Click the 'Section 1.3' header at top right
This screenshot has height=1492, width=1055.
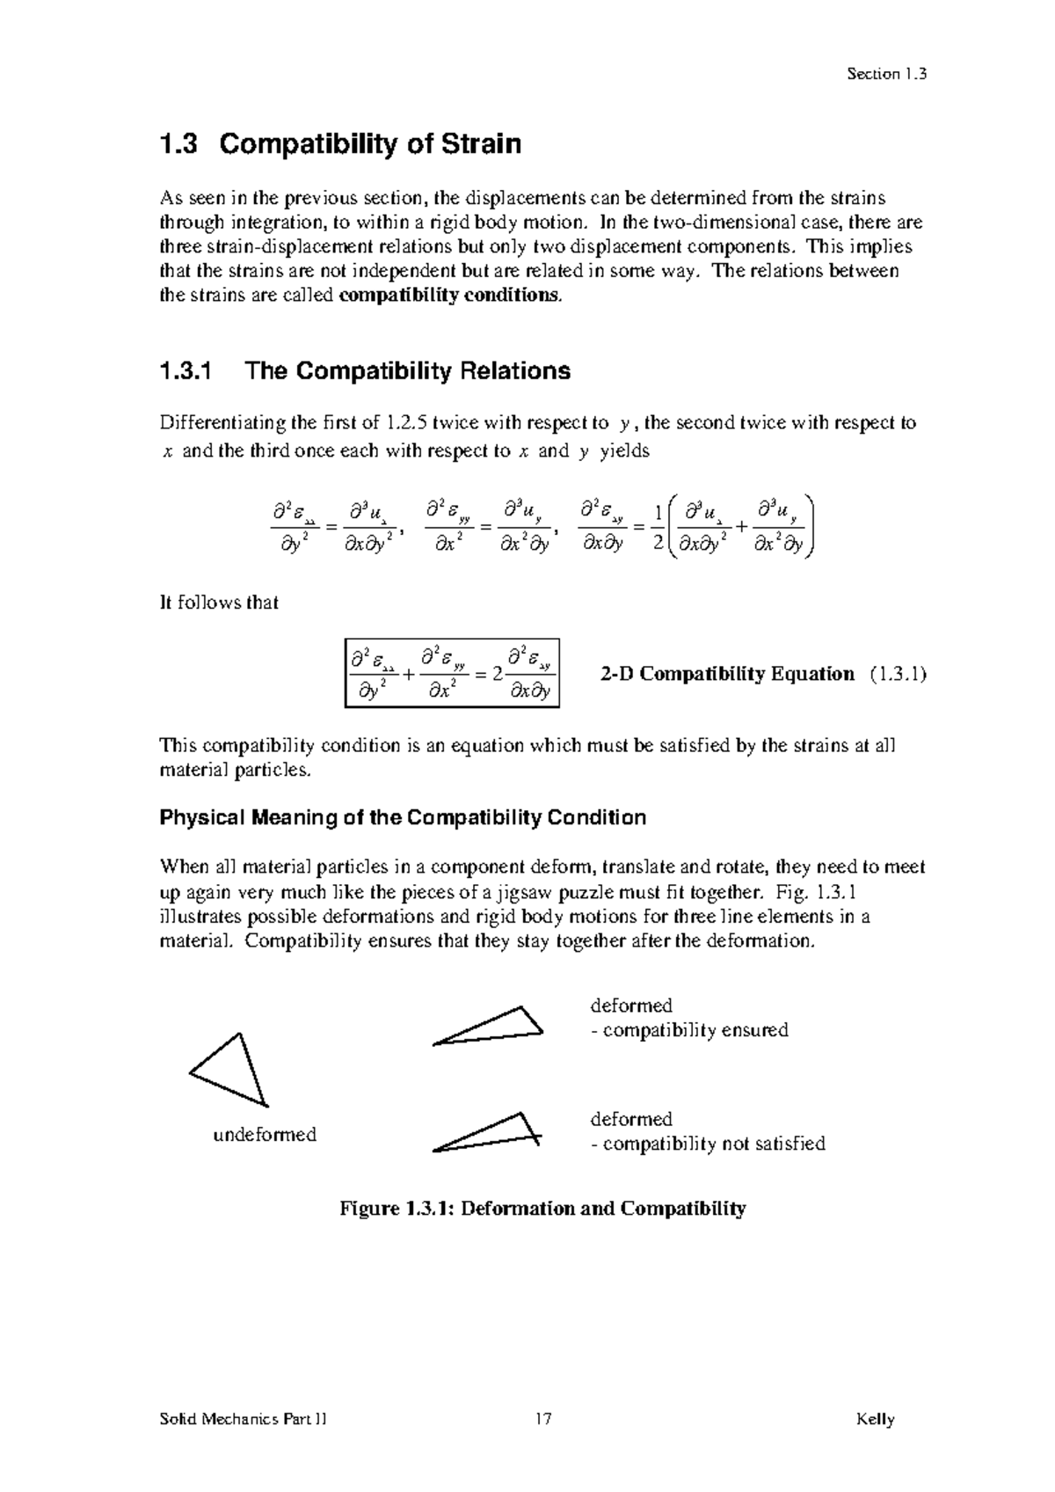[x=886, y=74]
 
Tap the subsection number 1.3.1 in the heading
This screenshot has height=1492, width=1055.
[x=186, y=371]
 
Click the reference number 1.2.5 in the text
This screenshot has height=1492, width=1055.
[x=411, y=423]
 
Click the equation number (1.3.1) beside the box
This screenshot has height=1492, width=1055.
[x=898, y=674]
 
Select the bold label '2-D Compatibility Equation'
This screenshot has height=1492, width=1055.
[x=727, y=674]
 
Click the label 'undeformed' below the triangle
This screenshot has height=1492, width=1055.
[x=265, y=1135]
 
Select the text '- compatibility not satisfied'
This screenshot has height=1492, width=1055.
[x=708, y=1144]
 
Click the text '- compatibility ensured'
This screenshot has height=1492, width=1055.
[x=689, y=1030]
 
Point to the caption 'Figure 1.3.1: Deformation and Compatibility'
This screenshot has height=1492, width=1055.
[x=542, y=1209]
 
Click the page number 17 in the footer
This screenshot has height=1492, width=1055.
[x=542, y=1419]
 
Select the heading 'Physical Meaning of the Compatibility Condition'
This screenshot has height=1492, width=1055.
[x=403, y=818]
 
